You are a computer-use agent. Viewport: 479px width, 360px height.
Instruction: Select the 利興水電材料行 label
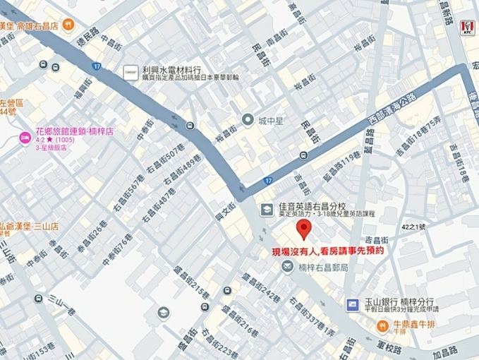(171, 70)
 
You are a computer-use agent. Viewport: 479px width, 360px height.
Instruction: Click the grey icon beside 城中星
(247, 120)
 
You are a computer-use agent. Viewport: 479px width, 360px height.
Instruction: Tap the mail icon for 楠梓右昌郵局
(288, 266)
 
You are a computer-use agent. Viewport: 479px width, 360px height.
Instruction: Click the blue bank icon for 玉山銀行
(352, 303)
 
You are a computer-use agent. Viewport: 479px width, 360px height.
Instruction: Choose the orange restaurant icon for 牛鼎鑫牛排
(381, 325)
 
